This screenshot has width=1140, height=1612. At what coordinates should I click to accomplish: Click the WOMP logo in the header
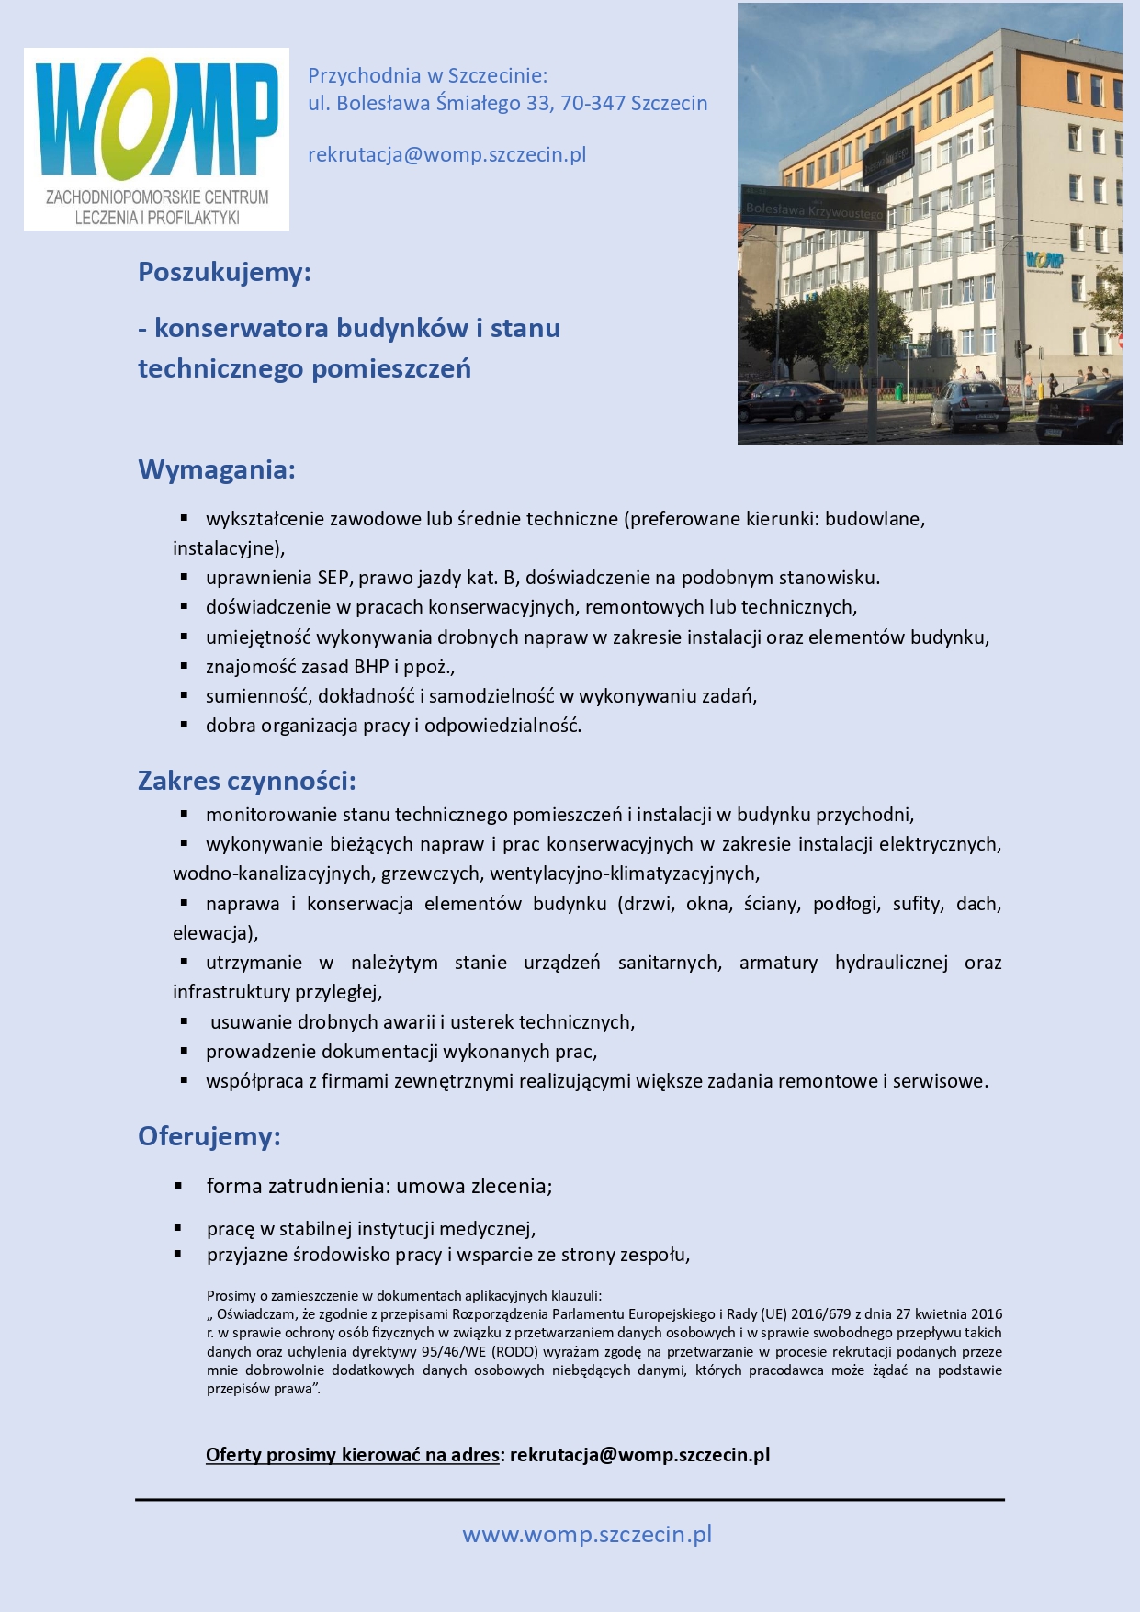point(156,138)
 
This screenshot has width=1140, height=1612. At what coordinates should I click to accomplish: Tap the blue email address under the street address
point(446,154)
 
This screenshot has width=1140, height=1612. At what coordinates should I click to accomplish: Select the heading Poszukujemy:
point(224,272)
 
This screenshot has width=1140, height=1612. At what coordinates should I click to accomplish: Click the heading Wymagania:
point(217,469)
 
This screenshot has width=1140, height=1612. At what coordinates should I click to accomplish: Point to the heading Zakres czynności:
point(246,781)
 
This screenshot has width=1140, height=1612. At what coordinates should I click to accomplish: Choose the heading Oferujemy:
point(209,1136)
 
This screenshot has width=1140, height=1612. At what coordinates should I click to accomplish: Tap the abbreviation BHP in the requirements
point(371,667)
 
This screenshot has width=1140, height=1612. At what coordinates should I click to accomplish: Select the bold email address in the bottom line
point(639,1455)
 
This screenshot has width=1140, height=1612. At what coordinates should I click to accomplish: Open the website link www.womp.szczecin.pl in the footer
point(587,1534)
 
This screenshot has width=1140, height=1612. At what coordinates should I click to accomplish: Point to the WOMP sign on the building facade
point(1044,261)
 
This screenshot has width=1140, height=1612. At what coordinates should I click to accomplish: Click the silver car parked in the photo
point(971,403)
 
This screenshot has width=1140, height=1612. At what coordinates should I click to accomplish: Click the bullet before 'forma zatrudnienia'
point(179,1186)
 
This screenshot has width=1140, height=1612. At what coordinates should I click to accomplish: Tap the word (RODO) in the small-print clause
point(517,1352)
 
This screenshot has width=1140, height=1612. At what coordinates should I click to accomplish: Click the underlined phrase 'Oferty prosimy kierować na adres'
point(353,1455)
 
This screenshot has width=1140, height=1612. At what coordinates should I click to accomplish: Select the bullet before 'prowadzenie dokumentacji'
point(185,1051)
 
